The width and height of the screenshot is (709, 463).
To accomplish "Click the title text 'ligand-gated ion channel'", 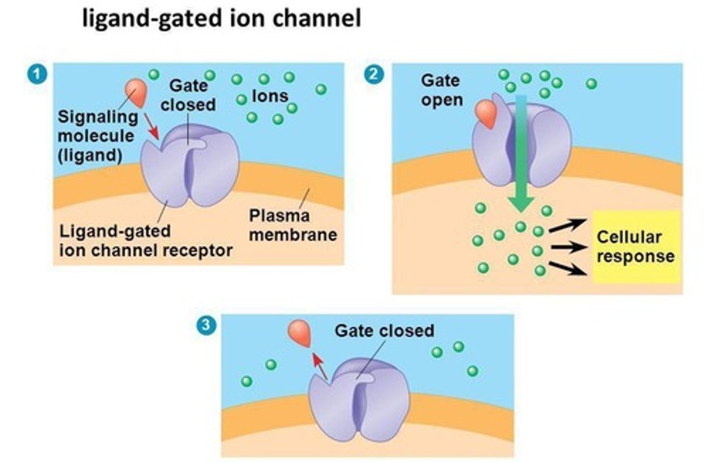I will click(221, 19).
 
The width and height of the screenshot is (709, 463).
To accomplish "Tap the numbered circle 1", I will click(37, 75).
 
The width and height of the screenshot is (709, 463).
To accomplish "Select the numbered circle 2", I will click(374, 74).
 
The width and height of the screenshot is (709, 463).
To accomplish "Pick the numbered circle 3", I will click(206, 325).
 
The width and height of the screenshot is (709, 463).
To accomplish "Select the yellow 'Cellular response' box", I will click(636, 247).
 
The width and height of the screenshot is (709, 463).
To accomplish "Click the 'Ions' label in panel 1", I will click(270, 96).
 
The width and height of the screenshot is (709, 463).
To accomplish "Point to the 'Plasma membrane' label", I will click(292, 225).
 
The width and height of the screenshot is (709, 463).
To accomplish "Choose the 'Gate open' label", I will click(442, 90).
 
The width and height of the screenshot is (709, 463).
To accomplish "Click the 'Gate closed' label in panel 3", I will click(384, 330).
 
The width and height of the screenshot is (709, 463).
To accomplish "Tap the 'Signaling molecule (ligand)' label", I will click(97, 136).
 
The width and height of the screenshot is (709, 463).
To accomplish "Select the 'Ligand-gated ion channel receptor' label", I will click(145, 241).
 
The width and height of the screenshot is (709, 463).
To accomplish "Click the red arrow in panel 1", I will click(152, 126).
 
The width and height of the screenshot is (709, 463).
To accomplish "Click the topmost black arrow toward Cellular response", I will click(567, 225).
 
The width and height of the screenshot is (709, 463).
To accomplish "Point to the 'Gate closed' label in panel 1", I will click(188, 95).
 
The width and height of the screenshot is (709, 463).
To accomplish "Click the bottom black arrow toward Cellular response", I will click(567, 268).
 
